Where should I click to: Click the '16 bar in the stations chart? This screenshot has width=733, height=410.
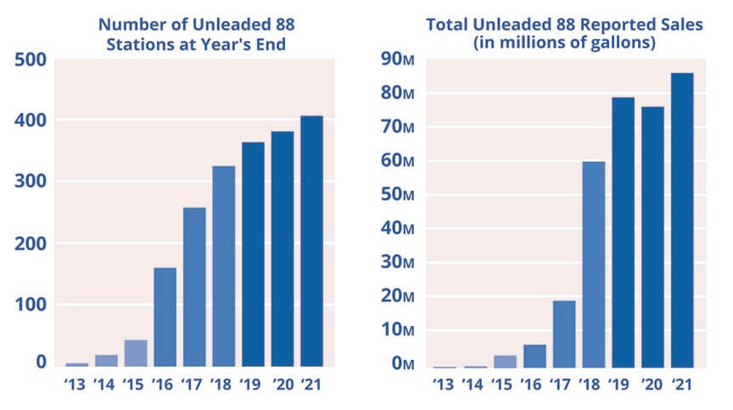(x=165, y=317)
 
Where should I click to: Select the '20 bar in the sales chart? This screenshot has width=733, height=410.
(x=652, y=238)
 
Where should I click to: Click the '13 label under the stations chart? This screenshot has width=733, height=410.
(x=76, y=385)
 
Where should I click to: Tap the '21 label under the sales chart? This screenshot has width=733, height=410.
(x=682, y=385)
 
